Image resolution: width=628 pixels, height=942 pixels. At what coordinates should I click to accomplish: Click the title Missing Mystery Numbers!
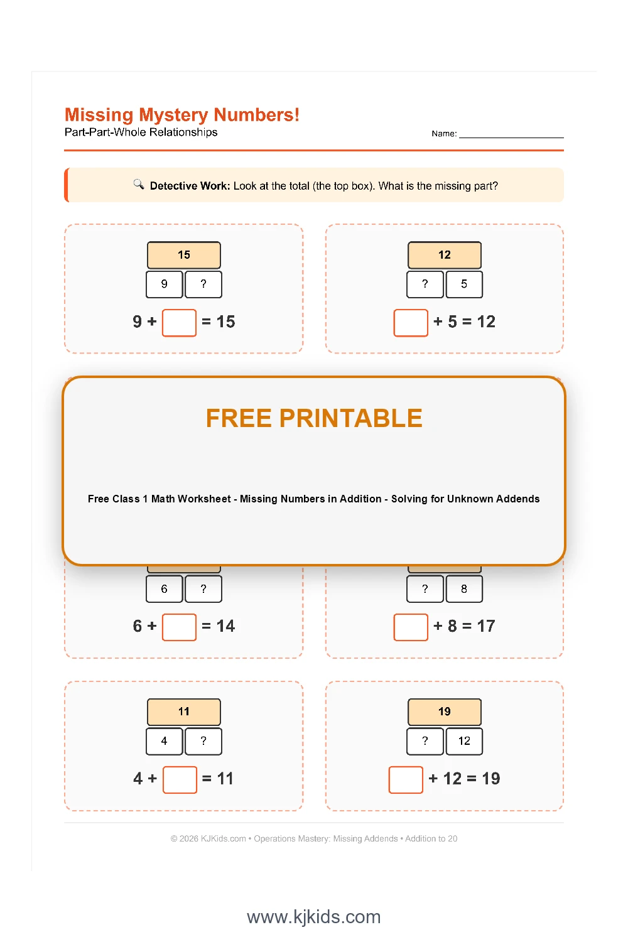click(182, 115)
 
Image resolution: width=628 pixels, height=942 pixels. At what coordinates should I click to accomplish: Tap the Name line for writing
click(511, 134)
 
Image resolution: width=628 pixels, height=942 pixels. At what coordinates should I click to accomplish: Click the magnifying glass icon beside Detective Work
click(139, 184)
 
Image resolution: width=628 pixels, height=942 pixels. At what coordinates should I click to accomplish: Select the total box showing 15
click(184, 255)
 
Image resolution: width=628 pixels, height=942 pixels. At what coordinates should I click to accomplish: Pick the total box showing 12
click(445, 255)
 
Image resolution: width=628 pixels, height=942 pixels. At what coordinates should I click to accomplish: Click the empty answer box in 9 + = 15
click(179, 323)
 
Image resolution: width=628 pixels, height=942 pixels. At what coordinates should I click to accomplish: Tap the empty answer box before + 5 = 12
click(411, 323)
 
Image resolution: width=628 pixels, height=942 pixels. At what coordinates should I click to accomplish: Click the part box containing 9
click(165, 284)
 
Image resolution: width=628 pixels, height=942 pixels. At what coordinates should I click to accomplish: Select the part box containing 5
click(464, 284)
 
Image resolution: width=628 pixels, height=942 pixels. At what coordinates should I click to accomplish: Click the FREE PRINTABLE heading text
click(314, 418)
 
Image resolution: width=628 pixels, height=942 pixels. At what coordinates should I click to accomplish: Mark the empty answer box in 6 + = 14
click(179, 627)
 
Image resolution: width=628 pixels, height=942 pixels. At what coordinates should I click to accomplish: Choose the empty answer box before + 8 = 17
click(411, 627)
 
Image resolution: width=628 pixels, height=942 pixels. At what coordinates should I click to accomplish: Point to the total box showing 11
click(184, 712)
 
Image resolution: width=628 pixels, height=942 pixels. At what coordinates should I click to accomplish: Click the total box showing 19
click(445, 712)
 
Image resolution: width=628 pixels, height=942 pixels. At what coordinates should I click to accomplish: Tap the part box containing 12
click(464, 741)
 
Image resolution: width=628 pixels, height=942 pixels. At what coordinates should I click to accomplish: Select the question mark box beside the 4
click(203, 741)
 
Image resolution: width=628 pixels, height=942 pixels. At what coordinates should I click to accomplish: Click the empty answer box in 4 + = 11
click(180, 779)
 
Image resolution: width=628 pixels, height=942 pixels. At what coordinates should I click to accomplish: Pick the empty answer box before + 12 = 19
click(406, 779)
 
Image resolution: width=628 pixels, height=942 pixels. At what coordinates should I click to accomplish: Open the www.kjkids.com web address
click(314, 917)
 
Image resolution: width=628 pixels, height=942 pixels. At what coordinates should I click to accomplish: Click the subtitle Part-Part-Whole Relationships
click(141, 133)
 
